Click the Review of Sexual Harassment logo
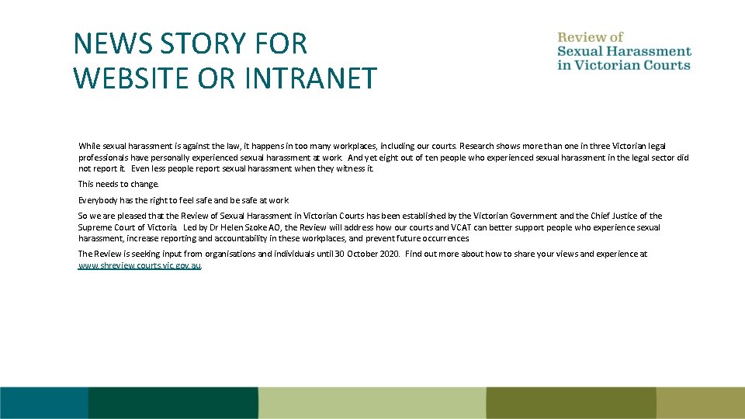[624, 51]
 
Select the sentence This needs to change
[118, 184]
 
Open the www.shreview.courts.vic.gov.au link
[140, 265]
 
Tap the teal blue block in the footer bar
[43, 403]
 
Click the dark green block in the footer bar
[172, 403]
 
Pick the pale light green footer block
[372, 403]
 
